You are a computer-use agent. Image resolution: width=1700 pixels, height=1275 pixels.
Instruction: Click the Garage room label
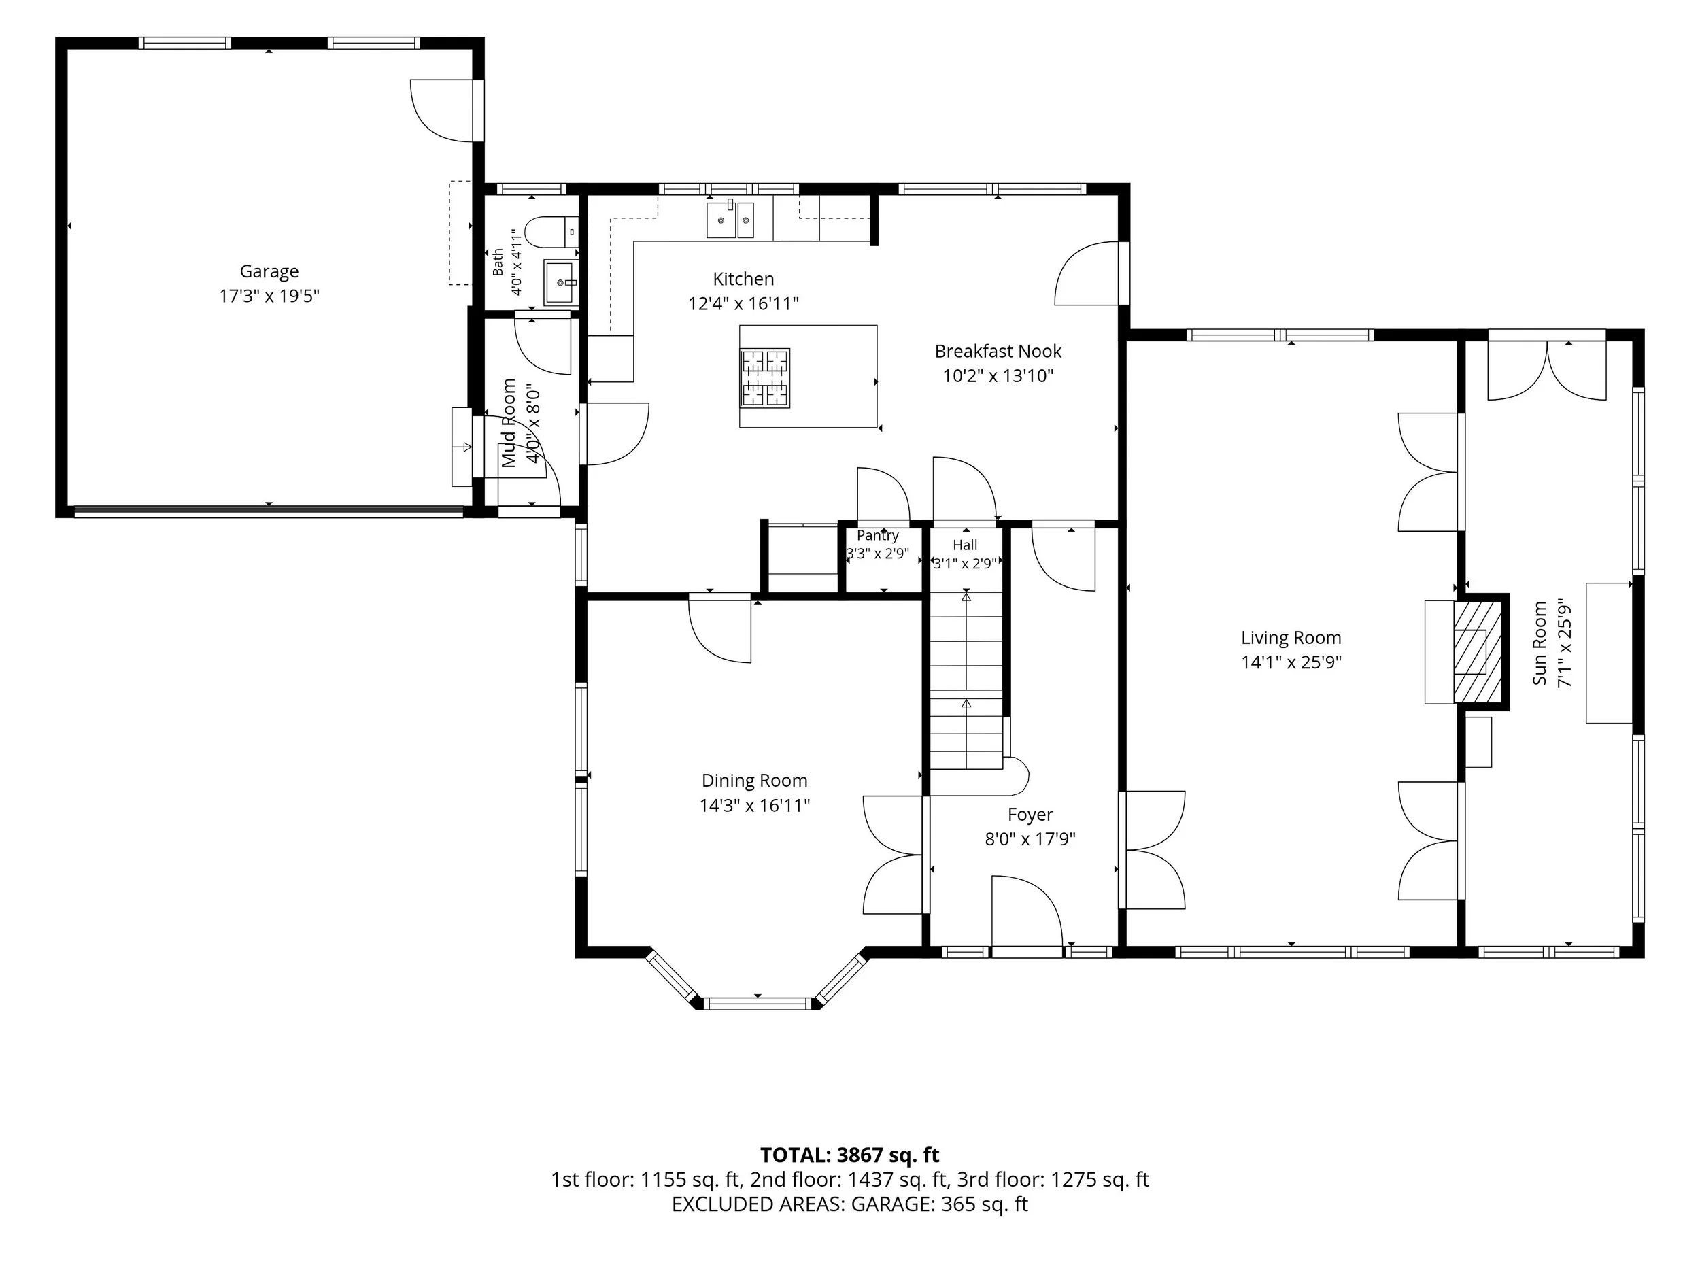pos(269,271)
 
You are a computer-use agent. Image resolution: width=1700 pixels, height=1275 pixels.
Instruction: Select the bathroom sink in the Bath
pos(560,283)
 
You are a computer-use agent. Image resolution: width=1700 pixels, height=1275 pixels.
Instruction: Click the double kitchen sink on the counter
pos(730,219)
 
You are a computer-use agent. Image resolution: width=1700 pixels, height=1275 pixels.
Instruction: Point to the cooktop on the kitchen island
pos(765,377)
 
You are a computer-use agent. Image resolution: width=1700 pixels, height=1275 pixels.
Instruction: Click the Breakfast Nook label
pos(998,352)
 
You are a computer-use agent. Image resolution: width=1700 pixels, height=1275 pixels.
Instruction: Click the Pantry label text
pos(878,536)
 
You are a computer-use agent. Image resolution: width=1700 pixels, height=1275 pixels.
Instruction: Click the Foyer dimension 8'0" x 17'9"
pos(1030,838)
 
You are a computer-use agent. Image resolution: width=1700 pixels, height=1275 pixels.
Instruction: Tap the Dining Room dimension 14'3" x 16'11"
pos(755,805)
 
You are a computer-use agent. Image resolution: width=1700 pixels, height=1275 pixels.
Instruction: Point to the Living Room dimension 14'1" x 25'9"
pos(1291,662)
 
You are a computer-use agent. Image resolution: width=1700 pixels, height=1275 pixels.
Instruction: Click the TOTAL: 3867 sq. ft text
pos(850,1155)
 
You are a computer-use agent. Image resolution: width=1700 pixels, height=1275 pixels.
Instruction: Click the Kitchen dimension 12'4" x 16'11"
pos(743,303)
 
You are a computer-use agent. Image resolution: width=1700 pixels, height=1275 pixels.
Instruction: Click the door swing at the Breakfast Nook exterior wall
pos(1086,273)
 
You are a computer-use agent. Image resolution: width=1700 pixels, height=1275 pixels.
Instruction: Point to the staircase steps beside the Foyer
pos(967,680)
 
